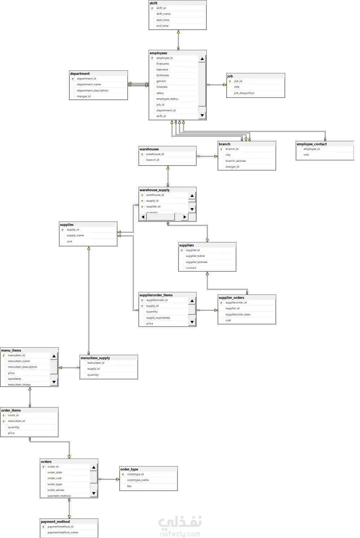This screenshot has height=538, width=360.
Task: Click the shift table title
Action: coord(154,3)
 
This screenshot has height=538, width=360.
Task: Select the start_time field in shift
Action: coord(163,20)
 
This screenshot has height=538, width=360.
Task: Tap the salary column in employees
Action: coord(160,93)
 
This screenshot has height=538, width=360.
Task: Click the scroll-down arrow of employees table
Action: coord(202,116)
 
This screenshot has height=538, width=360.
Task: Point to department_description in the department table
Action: coord(93,90)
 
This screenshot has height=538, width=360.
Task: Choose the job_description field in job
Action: coord(244,93)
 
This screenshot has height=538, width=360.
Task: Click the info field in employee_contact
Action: coord(306,155)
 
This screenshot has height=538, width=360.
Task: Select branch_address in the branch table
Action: coord(236,161)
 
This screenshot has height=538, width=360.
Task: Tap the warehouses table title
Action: coord(149,149)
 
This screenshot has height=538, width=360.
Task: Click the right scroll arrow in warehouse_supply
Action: coord(185,217)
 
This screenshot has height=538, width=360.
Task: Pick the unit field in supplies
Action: coord(69,241)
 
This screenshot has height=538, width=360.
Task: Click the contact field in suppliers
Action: coord(191,268)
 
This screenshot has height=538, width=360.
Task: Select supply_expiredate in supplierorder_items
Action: coord(158,318)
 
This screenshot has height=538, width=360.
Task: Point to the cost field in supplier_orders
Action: coord(228,320)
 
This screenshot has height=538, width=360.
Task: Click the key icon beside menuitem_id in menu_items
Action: coord(4,356)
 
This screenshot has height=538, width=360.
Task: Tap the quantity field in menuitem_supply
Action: coord(93,375)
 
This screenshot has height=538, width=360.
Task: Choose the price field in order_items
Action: coord(11,433)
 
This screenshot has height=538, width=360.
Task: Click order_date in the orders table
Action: coord(55,472)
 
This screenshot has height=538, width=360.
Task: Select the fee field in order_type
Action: coord(129,486)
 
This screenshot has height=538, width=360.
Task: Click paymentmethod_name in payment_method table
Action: coord(63,532)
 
